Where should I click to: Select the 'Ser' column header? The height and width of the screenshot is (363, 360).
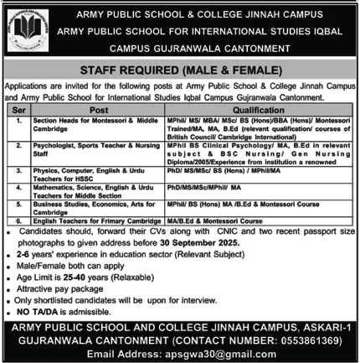click(x=21, y=109)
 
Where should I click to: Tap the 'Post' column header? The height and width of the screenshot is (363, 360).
click(x=100, y=109)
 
